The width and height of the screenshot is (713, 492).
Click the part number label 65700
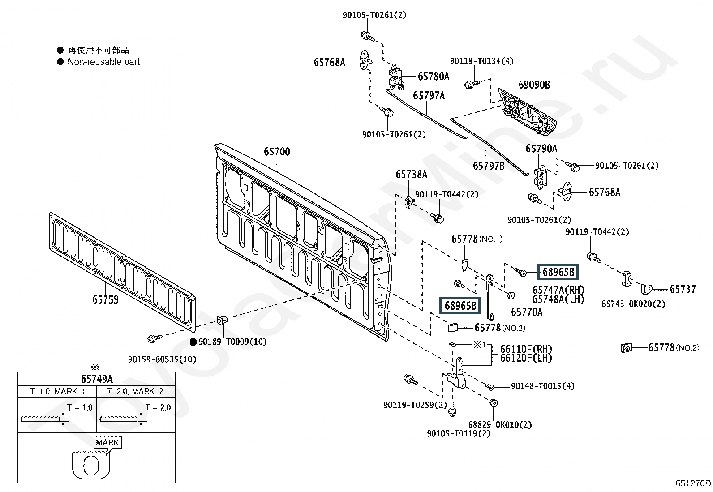tap(277, 152)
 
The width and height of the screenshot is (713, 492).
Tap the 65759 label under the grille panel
tap(105, 299)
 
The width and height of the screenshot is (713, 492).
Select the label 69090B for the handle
tap(534, 85)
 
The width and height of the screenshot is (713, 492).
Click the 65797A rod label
tap(429, 95)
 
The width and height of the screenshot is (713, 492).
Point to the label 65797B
tap(489, 166)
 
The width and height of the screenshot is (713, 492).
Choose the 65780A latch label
tap(434, 77)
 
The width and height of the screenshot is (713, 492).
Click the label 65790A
tap(541, 149)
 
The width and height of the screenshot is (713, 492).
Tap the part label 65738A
tap(412, 175)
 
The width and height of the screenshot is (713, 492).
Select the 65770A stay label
tap(527, 312)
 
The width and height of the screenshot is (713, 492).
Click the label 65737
tap(683, 289)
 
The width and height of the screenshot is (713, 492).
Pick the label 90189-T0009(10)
tap(232, 342)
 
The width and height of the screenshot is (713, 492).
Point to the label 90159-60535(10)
tap(162, 359)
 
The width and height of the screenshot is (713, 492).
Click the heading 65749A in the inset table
tap(97, 379)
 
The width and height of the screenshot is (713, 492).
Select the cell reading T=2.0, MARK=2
tap(135, 391)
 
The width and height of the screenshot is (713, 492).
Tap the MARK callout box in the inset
tap(107, 442)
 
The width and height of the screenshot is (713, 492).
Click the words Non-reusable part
tap(104, 62)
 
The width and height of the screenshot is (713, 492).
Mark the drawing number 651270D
tap(693, 483)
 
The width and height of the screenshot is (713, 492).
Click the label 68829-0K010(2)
tap(500, 424)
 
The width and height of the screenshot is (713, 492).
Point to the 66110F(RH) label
tap(526, 349)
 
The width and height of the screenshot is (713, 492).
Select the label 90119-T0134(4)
tap(481, 61)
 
